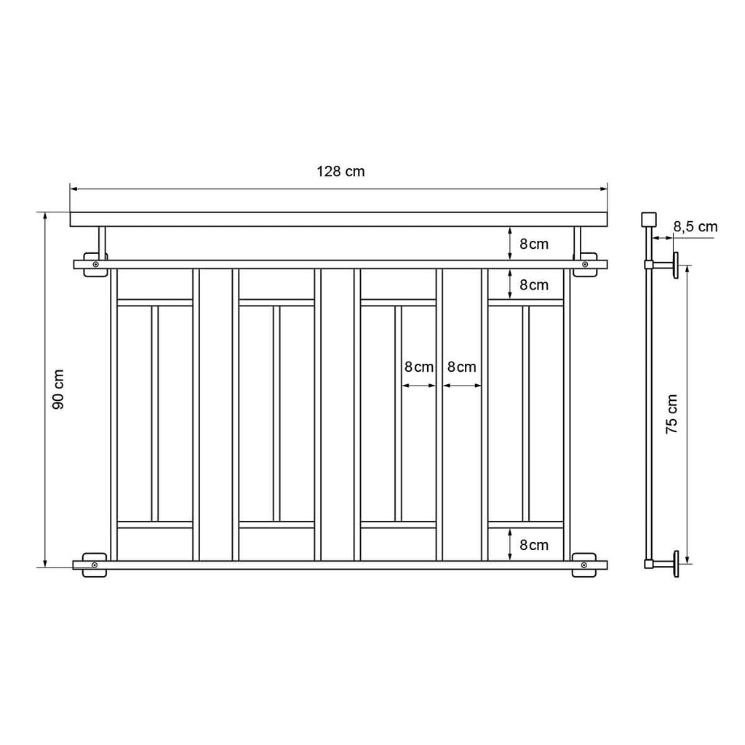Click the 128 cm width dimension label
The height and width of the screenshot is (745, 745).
click(x=340, y=171)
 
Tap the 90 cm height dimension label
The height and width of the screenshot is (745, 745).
click(x=58, y=389)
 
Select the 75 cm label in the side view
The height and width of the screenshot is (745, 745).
click(x=672, y=413)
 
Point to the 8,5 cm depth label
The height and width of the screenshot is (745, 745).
click(x=695, y=227)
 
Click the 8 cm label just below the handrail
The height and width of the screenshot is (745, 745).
click(x=534, y=244)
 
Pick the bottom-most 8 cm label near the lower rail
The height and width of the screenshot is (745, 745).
click(x=534, y=545)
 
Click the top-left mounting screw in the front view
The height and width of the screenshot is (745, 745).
click(x=95, y=264)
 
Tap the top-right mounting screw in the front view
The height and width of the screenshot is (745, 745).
click(x=585, y=264)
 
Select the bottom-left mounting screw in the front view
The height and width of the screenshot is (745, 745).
click(x=95, y=565)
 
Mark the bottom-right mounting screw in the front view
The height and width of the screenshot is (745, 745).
click(x=584, y=565)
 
